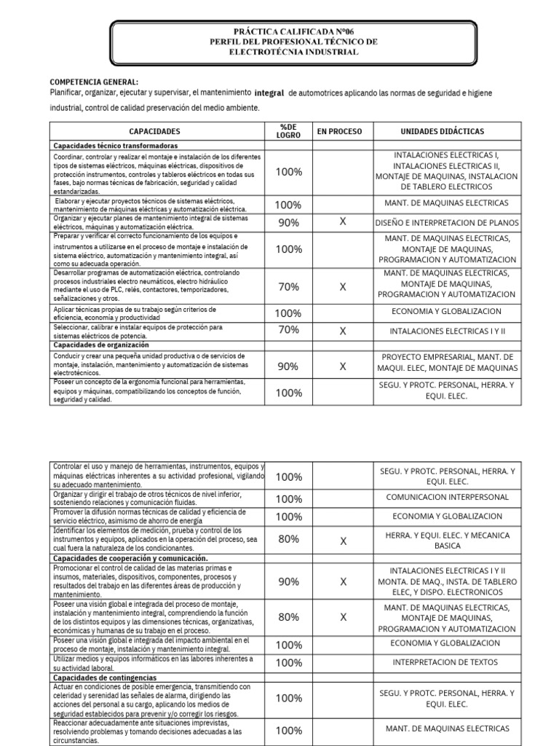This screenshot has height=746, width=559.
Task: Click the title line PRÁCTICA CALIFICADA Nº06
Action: pos(293,32)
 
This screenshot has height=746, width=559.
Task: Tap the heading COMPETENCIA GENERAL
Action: pos(94,82)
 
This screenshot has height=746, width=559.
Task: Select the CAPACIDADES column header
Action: pos(154,131)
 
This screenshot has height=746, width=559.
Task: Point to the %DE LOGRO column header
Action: pos(288,131)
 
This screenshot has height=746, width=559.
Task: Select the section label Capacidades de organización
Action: pos(101,345)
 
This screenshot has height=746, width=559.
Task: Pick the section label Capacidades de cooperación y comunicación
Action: pos(120,558)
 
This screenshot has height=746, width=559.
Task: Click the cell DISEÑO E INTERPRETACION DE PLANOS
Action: pos(446,222)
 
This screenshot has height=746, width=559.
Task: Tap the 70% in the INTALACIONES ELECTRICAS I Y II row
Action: pos(288,330)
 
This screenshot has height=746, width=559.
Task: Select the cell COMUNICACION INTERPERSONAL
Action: pos(446,498)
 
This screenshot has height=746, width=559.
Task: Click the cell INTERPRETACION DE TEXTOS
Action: pos(446,662)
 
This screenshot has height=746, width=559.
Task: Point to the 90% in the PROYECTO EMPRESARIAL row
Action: pos(288,366)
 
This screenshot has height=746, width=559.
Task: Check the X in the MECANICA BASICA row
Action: pos(342,541)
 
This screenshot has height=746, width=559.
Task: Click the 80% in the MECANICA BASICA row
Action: pos(288,540)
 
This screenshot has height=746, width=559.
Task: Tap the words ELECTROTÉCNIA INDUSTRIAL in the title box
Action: pos(293,52)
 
